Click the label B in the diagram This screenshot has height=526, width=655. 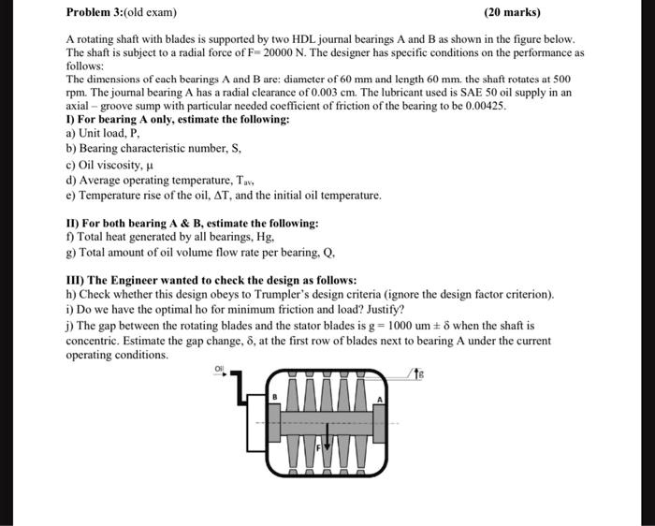pos(276,397)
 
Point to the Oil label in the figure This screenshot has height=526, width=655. pos(221,370)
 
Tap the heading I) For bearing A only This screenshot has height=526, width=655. pos(178,120)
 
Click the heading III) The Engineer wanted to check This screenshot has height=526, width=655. pos(211,280)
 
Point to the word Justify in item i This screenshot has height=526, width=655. pos(382,309)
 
